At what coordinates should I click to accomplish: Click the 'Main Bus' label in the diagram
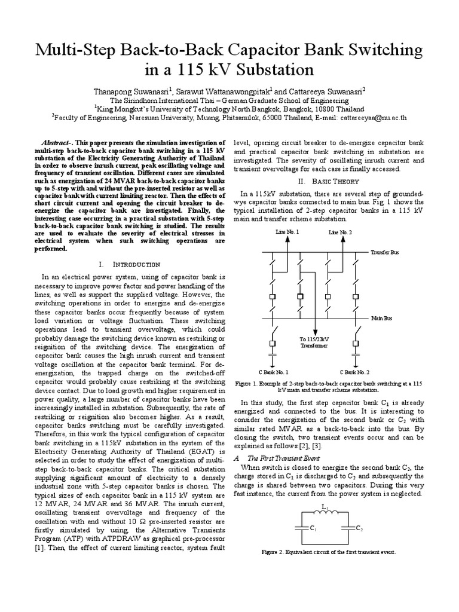click(x=382, y=319)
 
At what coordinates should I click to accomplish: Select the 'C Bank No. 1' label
click(x=273, y=372)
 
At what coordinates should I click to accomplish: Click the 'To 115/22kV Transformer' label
click(x=314, y=342)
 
